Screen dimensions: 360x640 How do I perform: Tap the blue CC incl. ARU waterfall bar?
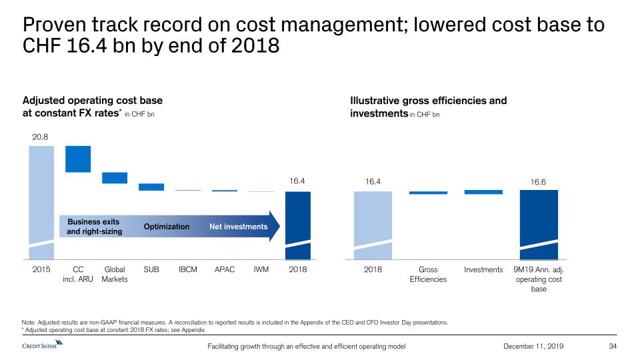(78, 159)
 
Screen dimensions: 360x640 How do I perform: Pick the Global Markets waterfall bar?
(115, 178)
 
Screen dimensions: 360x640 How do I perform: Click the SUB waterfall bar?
(151, 187)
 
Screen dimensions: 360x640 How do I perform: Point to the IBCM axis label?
(188, 269)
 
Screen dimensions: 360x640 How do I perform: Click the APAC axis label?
(225, 269)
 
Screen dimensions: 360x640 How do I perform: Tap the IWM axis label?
(261, 269)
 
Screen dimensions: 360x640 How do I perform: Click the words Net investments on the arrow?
(238, 227)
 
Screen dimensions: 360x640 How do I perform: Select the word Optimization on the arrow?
(167, 227)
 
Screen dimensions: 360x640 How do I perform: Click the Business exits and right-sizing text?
(93, 227)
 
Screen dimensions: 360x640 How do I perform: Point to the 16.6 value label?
(538, 181)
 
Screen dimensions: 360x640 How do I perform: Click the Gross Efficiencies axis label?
(428, 274)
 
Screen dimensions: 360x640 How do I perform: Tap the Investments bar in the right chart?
(483, 192)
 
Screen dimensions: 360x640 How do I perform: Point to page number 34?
(614, 345)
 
